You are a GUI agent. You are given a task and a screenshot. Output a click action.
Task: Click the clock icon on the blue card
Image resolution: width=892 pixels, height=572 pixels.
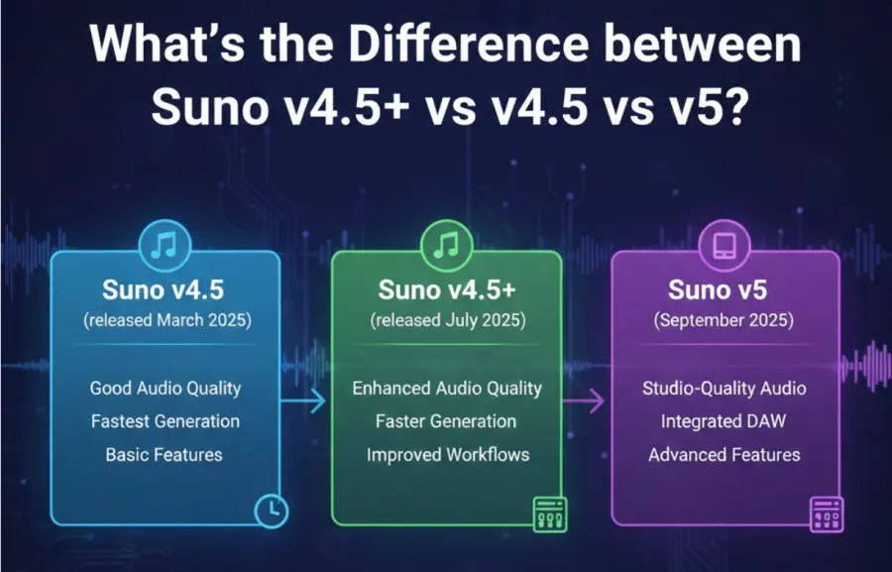tap(271, 510)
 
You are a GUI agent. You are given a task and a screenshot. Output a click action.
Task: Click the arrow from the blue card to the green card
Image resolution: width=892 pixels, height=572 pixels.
tap(303, 401)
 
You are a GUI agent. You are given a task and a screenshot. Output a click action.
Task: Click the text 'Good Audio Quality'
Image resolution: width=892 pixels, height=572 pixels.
tap(166, 388)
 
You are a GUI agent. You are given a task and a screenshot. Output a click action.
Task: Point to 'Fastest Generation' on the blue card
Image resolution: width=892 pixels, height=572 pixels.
tap(166, 421)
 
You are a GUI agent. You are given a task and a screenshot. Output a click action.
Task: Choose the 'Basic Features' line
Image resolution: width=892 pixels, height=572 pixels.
tap(165, 455)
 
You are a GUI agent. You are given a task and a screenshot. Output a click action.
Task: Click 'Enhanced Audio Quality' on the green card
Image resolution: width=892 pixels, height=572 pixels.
tap(446, 388)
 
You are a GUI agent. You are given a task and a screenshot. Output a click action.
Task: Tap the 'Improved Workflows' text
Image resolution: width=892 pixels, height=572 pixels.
tap(448, 455)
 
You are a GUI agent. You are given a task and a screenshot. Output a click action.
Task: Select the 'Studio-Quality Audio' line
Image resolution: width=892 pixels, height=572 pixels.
tap(725, 388)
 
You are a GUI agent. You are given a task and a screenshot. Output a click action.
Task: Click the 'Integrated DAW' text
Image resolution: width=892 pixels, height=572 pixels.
tap(724, 421)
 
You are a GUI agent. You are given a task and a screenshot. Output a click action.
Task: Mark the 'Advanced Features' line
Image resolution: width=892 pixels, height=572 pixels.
tap(725, 455)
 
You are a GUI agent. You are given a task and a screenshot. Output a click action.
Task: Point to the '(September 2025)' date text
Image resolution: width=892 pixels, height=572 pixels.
tap(725, 320)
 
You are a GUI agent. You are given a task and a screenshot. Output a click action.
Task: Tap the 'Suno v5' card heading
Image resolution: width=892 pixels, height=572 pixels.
tap(725, 290)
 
